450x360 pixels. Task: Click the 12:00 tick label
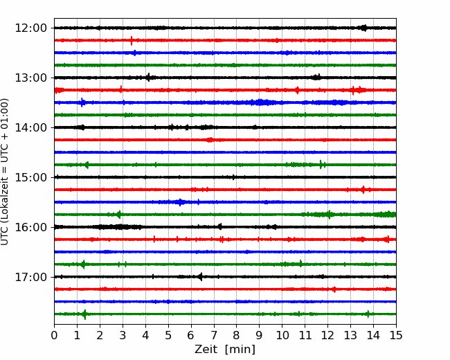[x=30, y=28]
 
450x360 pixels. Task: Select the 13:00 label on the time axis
[x=30, y=78]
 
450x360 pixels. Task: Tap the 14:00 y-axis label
[x=30, y=127]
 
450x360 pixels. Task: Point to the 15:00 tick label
[x=30, y=177]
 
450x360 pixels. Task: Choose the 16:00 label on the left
[x=30, y=227]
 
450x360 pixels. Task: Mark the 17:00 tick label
[x=30, y=277]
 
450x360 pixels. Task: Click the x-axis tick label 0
[x=54, y=335]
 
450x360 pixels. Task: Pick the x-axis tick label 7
[x=214, y=335]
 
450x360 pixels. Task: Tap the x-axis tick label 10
[x=282, y=335]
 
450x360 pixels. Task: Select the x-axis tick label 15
[x=396, y=335]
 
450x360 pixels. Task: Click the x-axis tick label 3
[x=123, y=335]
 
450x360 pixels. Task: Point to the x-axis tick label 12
[x=327, y=335]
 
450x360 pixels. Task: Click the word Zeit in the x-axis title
[x=205, y=349]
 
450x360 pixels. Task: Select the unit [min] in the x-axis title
[x=240, y=350]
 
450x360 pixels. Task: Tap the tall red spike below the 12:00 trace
[x=132, y=40]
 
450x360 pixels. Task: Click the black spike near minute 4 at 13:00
[x=148, y=78]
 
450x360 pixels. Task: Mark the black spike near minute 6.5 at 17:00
[x=201, y=277]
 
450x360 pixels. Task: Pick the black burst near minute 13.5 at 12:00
[x=364, y=28]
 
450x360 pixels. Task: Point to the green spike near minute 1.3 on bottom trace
[x=84, y=314]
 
